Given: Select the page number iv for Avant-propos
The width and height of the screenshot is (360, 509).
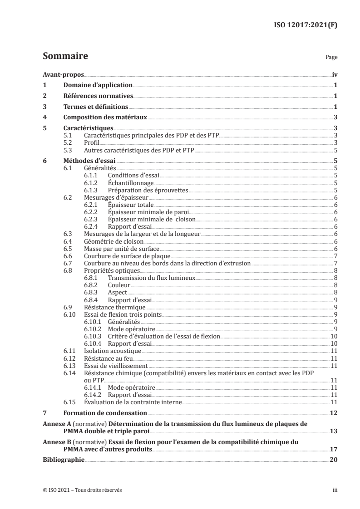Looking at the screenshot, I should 334,74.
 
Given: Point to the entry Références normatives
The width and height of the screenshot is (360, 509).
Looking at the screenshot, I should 98,96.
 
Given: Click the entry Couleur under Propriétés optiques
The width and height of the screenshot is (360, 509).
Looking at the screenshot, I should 119,285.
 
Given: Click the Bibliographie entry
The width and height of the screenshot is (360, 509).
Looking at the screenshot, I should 63,459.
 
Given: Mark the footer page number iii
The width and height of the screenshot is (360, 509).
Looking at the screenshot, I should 335,490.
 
